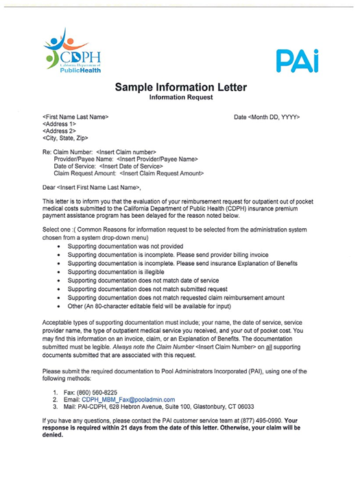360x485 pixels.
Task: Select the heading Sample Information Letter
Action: coord(180,88)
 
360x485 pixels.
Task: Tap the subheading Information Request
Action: coord(180,97)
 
